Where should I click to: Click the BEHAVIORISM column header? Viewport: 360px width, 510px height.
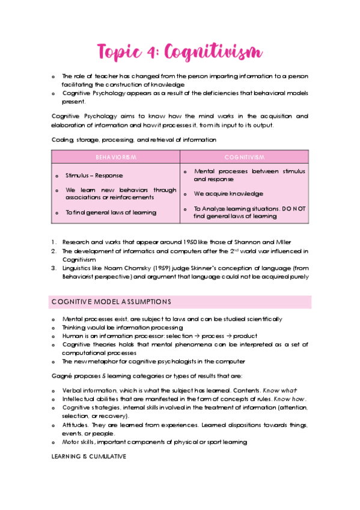pos(115,157)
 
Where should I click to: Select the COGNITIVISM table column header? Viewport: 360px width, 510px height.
pos(244,157)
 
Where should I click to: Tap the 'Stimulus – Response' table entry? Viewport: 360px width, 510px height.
pos(94,176)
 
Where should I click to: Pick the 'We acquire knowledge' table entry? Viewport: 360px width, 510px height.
pos(228,194)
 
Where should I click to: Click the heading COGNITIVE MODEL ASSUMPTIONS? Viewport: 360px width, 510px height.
pos(111,301)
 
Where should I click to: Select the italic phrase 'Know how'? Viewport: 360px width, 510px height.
pos(290,399)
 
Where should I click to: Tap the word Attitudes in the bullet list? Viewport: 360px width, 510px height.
pos(75,425)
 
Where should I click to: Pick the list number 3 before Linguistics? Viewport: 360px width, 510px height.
pos(53,268)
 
